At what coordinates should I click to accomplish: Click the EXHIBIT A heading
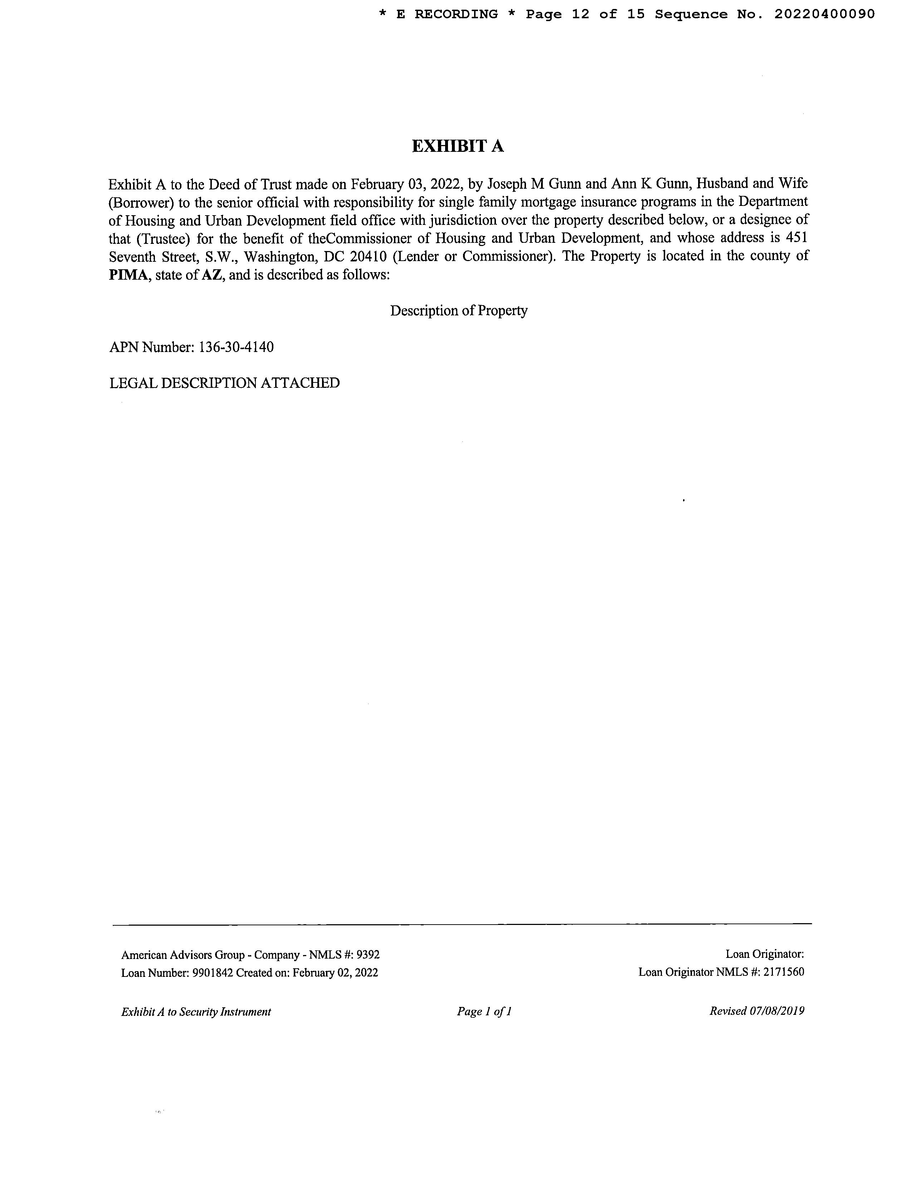point(457,146)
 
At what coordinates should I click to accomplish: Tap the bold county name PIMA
point(128,275)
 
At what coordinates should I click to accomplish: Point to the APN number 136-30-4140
point(236,347)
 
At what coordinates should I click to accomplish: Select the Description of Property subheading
point(459,310)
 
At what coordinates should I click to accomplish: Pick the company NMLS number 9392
point(367,955)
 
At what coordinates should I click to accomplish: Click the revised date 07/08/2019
point(776,1011)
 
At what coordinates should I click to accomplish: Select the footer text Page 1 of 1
point(484,1011)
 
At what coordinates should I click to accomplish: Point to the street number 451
point(797,238)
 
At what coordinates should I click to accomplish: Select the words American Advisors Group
point(183,955)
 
